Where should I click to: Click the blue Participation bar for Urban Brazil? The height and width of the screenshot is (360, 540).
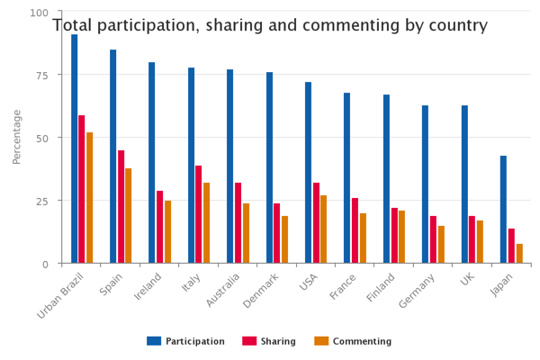(x=75, y=148)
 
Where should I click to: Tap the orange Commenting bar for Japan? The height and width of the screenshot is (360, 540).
(x=519, y=254)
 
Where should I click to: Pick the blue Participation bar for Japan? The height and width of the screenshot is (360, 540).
(x=504, y=210)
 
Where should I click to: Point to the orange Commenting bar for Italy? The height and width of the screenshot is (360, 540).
(x=206, y=223)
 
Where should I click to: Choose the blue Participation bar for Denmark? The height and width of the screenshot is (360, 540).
(x=269, y=167)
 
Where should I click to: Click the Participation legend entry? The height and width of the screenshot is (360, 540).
(x=186, y=341)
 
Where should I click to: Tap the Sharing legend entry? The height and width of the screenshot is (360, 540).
(x=271, y=341)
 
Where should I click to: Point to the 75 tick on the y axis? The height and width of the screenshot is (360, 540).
(x=40, y=76)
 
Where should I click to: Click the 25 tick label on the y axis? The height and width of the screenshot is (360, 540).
(x=40, y=201)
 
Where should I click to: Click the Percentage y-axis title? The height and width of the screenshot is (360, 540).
(x=17, y=137)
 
